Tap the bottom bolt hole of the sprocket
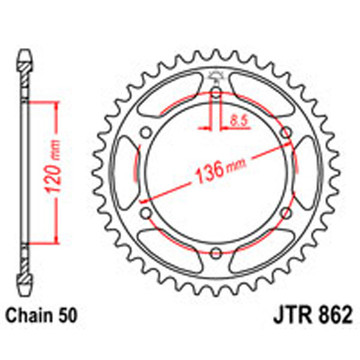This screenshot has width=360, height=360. pos(215,252)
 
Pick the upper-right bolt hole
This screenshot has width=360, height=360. pos(286,133)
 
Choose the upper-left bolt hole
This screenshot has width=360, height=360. pos(146,133)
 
